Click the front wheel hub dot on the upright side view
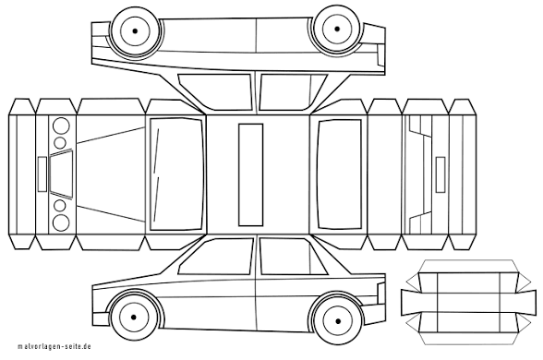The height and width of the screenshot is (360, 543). pos(134,318)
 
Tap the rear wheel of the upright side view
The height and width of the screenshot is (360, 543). pos(338,321)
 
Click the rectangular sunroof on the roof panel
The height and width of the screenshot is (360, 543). pos(250,174)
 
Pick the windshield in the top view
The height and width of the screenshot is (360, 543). pos(175,174)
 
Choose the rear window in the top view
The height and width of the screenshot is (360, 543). pos(340,174)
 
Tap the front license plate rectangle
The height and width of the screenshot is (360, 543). pos(42,174)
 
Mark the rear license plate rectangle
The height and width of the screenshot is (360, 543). pos(440,174)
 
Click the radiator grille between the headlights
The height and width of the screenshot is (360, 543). pos(61,174)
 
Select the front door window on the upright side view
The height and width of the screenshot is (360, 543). pos(217,258)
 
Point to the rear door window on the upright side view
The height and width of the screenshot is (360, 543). pos(293,256)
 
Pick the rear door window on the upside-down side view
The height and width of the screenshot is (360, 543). pos(293,92)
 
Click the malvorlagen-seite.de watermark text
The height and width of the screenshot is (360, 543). pos(54,346)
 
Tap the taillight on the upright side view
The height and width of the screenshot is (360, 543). pos(380,294)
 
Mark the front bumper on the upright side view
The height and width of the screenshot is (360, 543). pos(101,318)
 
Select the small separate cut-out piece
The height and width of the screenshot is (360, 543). pos(468,302)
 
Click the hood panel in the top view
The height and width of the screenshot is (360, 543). pos(111,174)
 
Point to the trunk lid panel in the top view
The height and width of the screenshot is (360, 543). pos(385,174)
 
